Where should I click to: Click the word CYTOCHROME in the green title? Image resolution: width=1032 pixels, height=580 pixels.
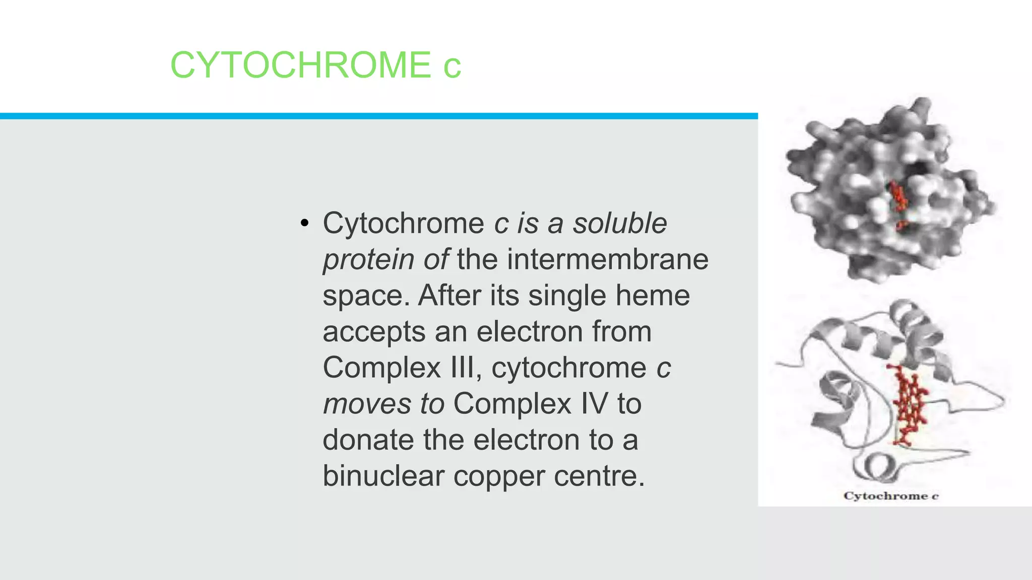click(300, 65)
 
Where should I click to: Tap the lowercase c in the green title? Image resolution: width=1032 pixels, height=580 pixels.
click(452, 67)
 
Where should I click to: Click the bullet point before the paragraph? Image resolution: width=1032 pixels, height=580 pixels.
click(303, 224)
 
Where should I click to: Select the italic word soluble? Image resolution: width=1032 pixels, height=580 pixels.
click(620, 223)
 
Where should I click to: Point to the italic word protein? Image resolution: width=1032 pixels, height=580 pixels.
click(368, 260)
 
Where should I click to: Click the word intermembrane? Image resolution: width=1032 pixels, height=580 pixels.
click(608, 259)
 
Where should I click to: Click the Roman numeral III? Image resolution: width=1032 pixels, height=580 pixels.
click(462, 368)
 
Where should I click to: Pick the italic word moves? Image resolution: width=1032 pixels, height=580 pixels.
click(367, 404)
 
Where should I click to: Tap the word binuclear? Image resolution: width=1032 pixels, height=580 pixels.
click(383, 476)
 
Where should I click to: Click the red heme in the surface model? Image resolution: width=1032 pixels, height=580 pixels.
click(898, 201)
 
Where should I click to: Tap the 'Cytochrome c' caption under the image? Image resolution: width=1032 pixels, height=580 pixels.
click(891, 496)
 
